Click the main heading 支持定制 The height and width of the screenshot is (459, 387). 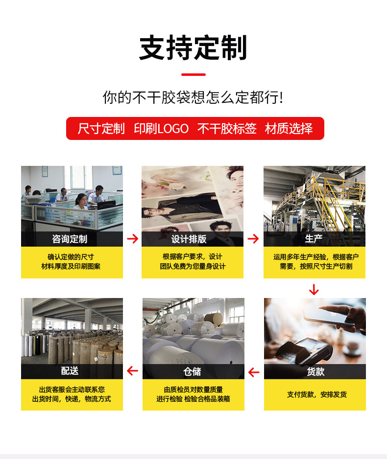193,48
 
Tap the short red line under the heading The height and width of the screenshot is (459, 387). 193,75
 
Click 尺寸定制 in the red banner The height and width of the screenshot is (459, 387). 101,129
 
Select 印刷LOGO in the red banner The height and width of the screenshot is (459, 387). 161,129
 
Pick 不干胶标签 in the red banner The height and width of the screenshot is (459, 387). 227,129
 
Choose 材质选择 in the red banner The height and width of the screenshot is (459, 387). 289,129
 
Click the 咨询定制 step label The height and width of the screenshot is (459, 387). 70,239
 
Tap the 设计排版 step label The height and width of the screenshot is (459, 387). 189,239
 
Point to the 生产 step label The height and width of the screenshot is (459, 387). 314,239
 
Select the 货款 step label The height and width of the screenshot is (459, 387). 315,371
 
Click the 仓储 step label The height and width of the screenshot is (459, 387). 192,371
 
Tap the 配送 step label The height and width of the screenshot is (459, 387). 70,371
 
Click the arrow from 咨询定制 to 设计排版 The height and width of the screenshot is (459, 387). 132,239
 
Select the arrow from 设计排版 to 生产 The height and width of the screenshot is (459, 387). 253,239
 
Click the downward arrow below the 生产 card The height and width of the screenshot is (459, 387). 314,289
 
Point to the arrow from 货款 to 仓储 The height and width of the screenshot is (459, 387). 254,372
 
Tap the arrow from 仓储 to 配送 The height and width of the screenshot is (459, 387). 132,371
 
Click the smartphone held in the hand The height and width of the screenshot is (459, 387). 330,317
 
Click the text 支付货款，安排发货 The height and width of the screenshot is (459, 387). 316,394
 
